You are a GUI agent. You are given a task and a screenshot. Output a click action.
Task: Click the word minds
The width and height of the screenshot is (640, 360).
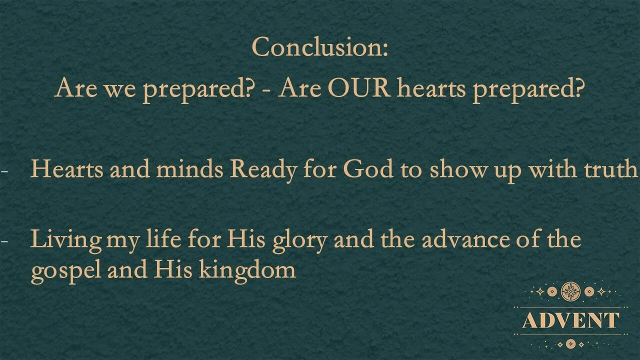click(189, 170)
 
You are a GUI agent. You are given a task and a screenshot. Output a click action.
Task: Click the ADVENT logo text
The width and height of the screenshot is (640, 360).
click(570, 320)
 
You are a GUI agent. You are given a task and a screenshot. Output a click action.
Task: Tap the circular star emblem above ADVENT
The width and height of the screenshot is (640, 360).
click(570, 291)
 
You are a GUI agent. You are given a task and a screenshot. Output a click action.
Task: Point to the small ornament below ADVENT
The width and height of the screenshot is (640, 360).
click(570, 344)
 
